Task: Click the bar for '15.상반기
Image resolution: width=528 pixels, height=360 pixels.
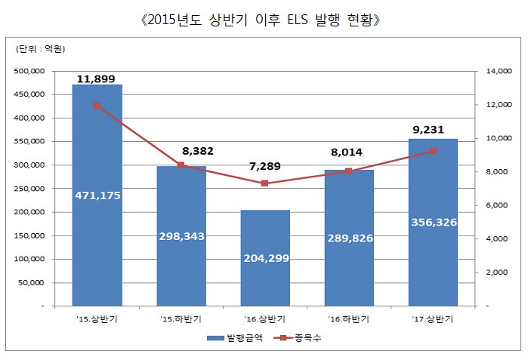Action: click(x=97, y=151)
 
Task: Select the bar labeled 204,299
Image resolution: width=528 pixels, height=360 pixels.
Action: click(x=264, y=226)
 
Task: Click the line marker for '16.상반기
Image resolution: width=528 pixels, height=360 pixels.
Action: click(x=264, y=183)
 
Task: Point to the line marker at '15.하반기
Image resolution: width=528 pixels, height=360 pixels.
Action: click(x=181, y=165)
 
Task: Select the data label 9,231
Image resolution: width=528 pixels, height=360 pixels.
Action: click(x=433, y=130)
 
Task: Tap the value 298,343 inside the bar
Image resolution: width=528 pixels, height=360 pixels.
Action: click(x=181, y=236)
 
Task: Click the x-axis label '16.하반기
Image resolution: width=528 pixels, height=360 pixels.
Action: click(x=348, y=318)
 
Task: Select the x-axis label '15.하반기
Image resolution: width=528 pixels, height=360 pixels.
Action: click(x=181, y=318)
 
